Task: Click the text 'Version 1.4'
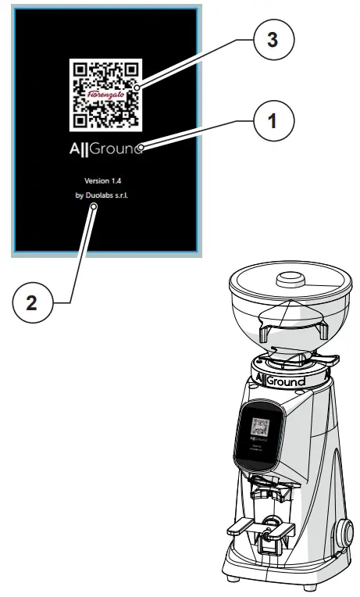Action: pyautogui.click(x=106, y=181)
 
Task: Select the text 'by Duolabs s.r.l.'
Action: pyautogui.click(x=106, y=196)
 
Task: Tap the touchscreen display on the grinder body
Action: pyautogui.click(x=259, y=434)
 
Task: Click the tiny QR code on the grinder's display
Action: pyautogui.click(x=260, y=428)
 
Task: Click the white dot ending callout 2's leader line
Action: pyautogui.click(x=93, y=207)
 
